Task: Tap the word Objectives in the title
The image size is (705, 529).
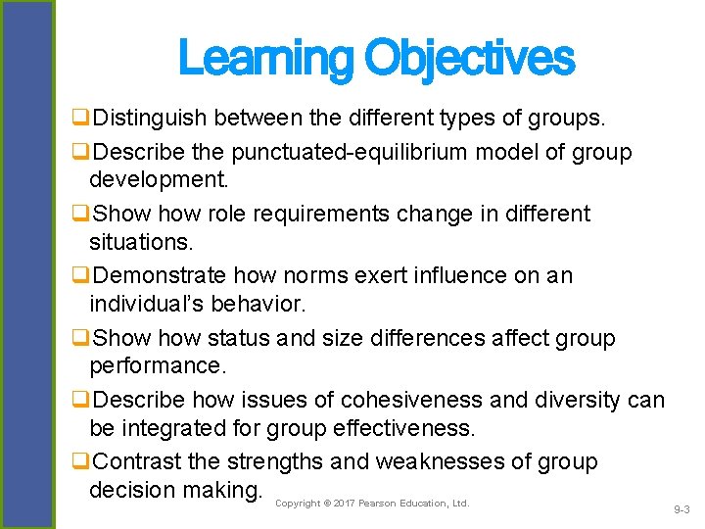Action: tap(469, 58)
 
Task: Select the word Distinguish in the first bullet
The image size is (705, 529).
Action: tap(153, 120)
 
